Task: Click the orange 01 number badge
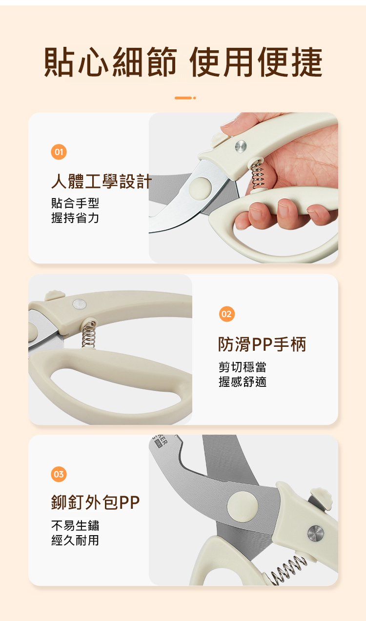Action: pos(59,152)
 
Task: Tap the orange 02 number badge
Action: pos(226,314)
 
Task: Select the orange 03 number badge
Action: pos(59,474)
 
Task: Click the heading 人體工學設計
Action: pos(102,181)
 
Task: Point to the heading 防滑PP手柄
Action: pos(262,344)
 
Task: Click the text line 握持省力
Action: pos(75,218)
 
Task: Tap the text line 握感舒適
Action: pos(243,382)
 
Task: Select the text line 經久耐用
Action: pos(75,540)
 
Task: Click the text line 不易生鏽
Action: pos(75,525)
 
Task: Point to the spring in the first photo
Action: pos(257,175)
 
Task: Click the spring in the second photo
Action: pos(89,334)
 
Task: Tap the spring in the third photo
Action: pos(285,567)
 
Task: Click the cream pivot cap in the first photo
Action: pos(200,187)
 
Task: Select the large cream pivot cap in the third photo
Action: pos(243,505)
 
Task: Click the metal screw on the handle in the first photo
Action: pos(241,146)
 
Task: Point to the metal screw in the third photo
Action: pos(316,533)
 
